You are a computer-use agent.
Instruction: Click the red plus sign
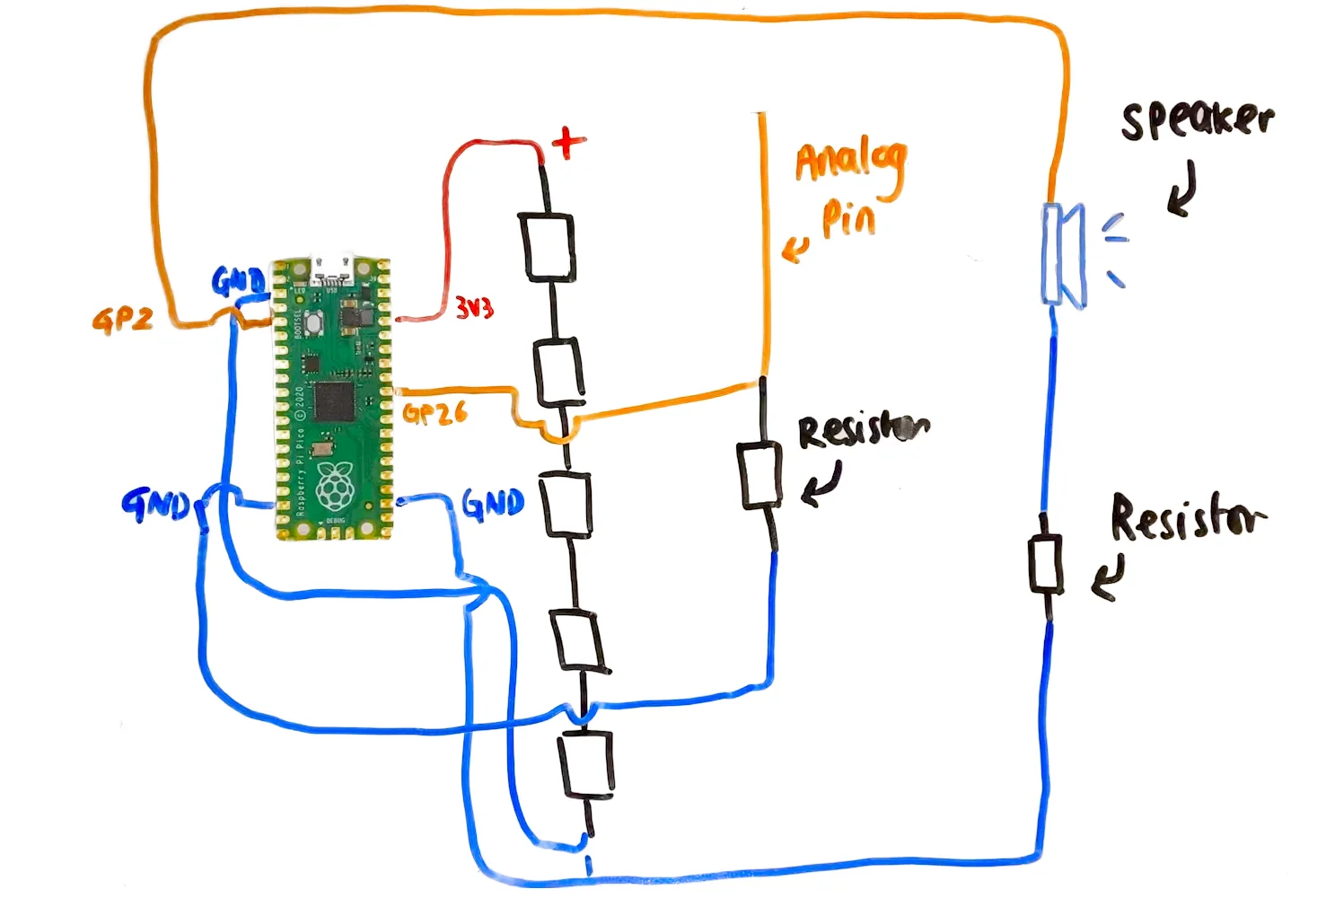click(x=567, y=142)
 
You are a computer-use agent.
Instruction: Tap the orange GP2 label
click(x=122, y=319)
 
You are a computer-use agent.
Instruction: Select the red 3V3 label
click(x=474, y=308)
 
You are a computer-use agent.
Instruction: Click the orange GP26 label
click(x=435, y=413)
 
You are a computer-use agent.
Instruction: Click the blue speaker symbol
click(x=1064, y=255)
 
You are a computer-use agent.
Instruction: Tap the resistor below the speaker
click(x=1045, y=564)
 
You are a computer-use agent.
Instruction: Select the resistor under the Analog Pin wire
click(x=760, y=475)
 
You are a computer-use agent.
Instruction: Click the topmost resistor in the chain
click(x=548, y=246)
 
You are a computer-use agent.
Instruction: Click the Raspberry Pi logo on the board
click(x=335, y=486)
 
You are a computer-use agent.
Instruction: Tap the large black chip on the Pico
click(x=334, y=401)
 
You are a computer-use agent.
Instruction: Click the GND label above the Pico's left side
click(x=238, y=282)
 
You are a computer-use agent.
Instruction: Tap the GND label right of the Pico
click(x=493, y=504)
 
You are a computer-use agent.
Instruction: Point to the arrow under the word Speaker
click(x=1183, y=189)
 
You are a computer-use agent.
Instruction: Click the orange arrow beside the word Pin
click(x=795, y=249)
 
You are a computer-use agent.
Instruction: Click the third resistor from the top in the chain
click(x=566, y=505)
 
